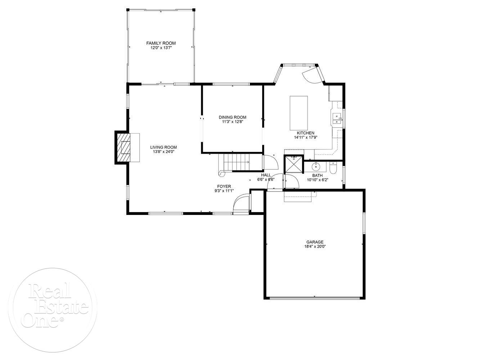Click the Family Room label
point(161,43)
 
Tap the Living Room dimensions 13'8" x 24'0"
point(163,152)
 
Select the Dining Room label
point(232,117)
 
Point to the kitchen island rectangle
point(299,113)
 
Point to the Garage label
point(315,242)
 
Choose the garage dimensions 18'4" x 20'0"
point(315,247)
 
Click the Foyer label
point(224,186)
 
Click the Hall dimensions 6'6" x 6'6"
point(266,180)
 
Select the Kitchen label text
point(305,133)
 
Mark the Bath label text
point(317,176)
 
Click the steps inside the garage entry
point(298,197)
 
